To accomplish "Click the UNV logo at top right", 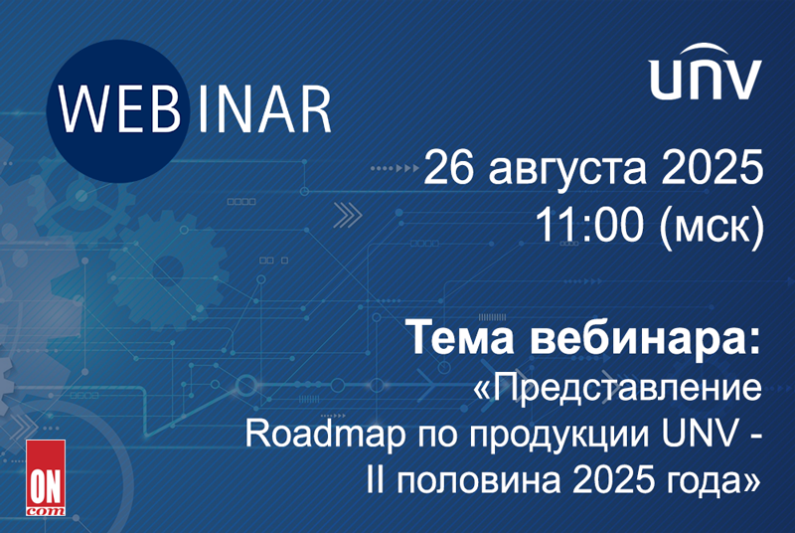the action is (706, 72).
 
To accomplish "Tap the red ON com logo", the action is (46, 477).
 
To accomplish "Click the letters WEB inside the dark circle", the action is (119, 109).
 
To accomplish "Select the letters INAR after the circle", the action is (264, 109).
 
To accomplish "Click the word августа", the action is (567, 172).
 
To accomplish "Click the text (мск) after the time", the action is (712, 227).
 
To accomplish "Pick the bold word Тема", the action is (460, 338).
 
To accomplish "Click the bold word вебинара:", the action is (645, 337).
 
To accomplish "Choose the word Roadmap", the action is (325, 436).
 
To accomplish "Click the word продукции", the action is (558, 437).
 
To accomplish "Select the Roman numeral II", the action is (376, 479).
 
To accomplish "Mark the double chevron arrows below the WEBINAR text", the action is (347, 215).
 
